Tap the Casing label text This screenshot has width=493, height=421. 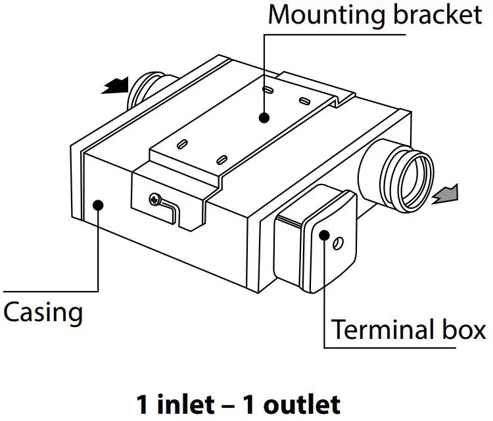pos(43,312)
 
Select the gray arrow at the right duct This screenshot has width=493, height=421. pos(446,194)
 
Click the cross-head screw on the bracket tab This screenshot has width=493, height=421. pos(155,198)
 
